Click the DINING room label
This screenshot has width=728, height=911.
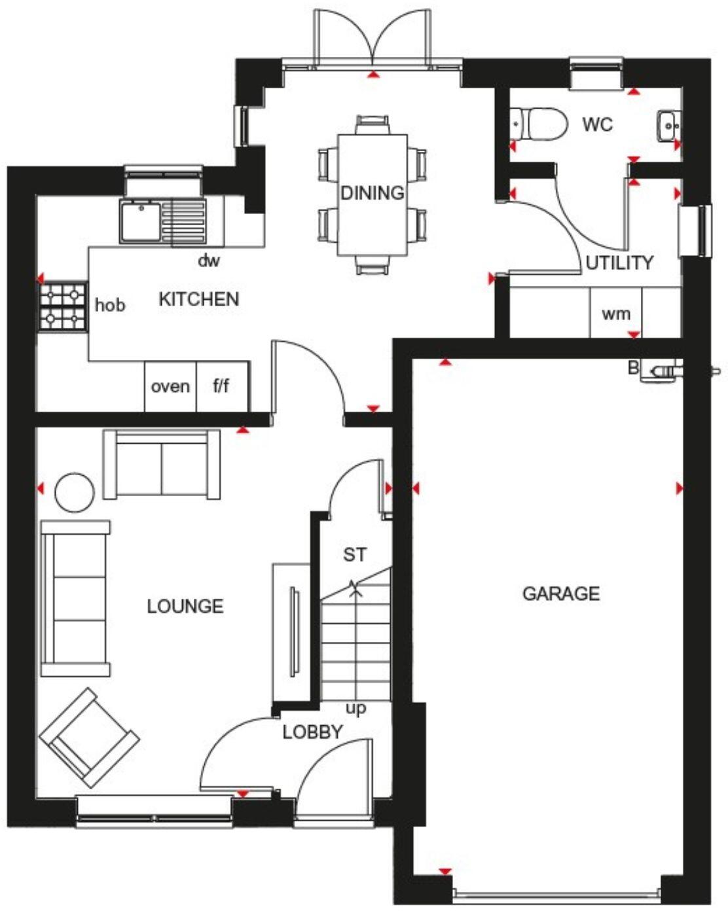tap(372, 193)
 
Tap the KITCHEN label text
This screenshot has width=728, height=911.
tap(199, 299)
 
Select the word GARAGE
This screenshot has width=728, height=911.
tap(560, 594)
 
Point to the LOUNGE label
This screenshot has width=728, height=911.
tap(185, 606)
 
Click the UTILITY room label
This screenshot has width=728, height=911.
tap(619, 263)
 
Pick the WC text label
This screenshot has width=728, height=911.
tap(597, 124)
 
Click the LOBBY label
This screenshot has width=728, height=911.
tap(312, 732)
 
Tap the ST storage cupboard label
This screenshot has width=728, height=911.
tap(355, 555)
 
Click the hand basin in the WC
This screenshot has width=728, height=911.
tap(668, 124)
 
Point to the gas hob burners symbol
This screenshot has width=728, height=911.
tap(64, 308)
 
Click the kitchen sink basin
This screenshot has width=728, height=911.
tap(139, 221)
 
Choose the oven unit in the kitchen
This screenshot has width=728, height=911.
tap(170, 387)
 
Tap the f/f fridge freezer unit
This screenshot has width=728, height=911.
tap(221, 387)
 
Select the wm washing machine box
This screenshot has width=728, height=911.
tap(615, 314)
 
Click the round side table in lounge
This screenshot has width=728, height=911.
tap(74, 492)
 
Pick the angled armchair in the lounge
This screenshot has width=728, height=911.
tap(89, 737)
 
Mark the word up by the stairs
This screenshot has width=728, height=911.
tap(356, 709)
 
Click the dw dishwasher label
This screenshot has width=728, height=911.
tap(209, 261)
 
